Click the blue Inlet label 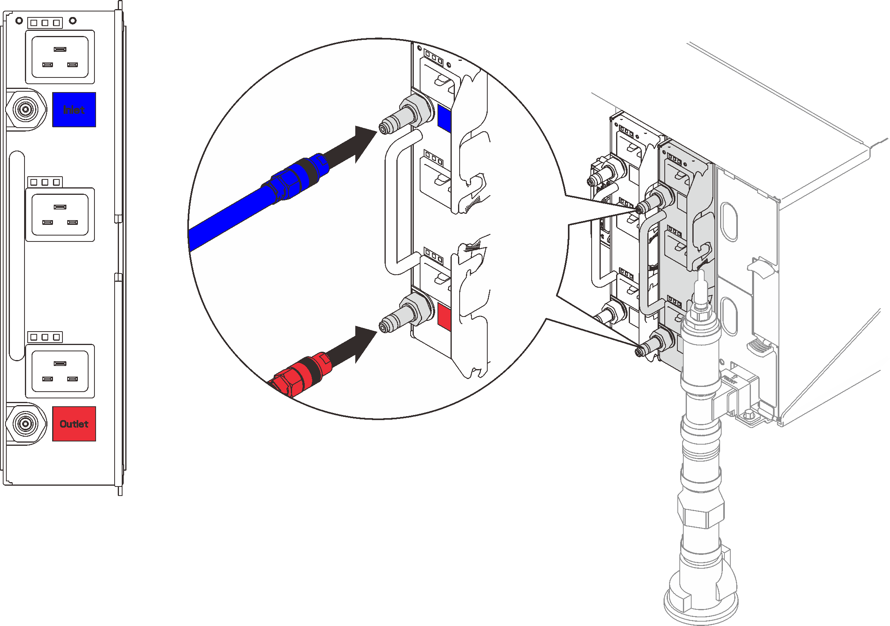click(74, 109)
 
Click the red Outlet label click(74, 424)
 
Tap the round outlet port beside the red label click(26, 424)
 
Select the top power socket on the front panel click(60, 57)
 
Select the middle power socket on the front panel click(60, 215)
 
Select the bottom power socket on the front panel click(60, 371)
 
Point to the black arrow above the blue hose click(352, 146)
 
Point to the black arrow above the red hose click(352, 346)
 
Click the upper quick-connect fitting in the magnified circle click(403, 117)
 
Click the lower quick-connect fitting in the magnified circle click(403, 316)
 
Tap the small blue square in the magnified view click(444, 118)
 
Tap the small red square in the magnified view click(444, 316)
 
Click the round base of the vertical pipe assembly click(701, 605)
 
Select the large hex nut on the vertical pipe click(701, 510)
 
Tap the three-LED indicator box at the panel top click(45, 23)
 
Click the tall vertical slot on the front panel click(17, 255)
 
